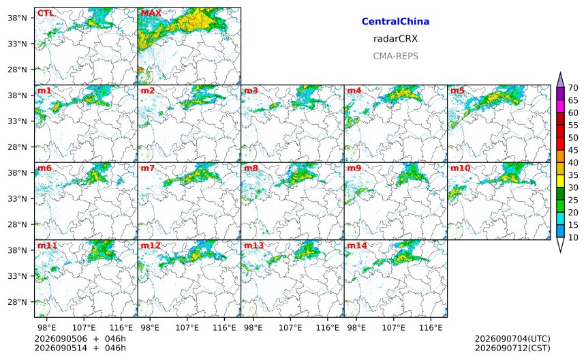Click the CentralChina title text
[395, 22]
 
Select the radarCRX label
[395, 39]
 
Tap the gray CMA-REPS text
[395, 56]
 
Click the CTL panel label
[46, 13]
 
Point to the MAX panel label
[151, 13]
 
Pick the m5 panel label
[457, 91]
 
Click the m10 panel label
[460, 168]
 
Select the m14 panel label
[357, 245]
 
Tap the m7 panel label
[148, 168]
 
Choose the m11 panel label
[48, 245]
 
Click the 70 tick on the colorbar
[573, 88]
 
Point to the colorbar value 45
[573, 150]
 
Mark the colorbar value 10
[573, 237]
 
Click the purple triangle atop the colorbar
[560, 80]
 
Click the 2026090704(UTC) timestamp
[512, 339]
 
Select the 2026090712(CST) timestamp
[512, 348]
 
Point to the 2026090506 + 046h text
[80, 339]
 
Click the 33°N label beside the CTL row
[18, 44]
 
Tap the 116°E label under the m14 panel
[431, 328]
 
